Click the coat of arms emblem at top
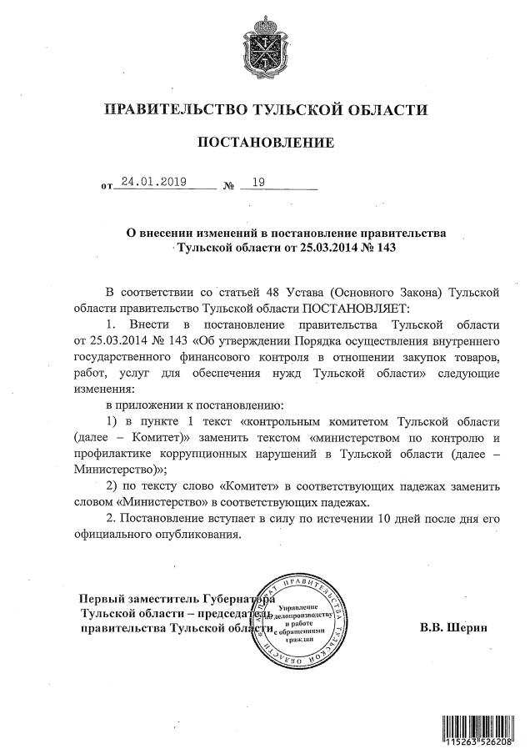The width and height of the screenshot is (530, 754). [264, 43]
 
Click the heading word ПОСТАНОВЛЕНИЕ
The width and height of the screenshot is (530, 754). [264, 143]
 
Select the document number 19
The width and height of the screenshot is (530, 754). [257, 181]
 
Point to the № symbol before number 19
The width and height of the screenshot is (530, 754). [228, 183]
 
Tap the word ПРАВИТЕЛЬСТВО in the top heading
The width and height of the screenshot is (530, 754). [177, 109]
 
